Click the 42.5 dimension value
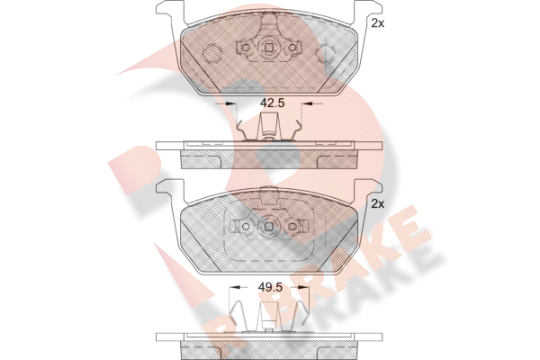coord(272,103)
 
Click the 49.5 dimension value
coord(270,287)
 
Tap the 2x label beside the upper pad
coord(378,23)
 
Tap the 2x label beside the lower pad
coord(378,204)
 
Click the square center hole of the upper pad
coord(269,48)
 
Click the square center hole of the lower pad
coord(269,226)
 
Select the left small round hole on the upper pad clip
coord(246,48)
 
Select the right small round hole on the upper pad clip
coord(292,48)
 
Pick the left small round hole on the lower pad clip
coord(246,226)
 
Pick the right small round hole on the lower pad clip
coord(292,226)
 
